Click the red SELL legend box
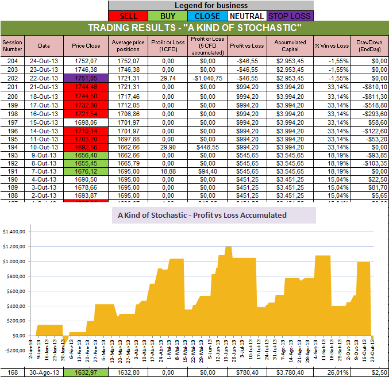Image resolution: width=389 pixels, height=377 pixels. click(x=128, y=16)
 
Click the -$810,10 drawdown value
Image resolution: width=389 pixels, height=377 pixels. click(x=368, y=87)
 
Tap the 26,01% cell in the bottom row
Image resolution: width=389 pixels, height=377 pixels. click(x=332, y=372)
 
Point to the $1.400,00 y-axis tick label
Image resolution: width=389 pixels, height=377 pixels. click(x=14, y=232)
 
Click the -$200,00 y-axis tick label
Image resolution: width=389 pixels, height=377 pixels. click(x=14, y=350)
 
